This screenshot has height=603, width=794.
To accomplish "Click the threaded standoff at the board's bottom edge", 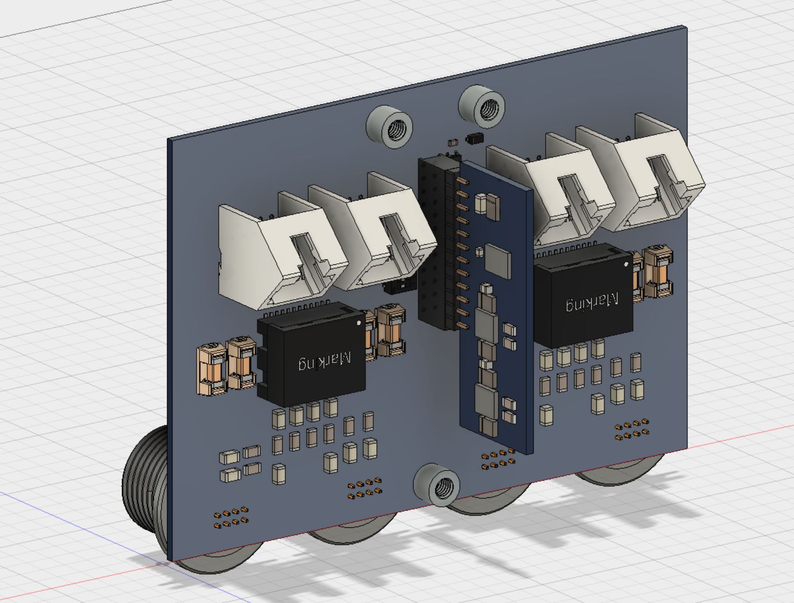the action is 437,485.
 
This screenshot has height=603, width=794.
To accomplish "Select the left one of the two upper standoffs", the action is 389,126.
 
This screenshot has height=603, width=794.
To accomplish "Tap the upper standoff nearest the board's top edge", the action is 482,107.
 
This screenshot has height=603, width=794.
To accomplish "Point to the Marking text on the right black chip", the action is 592,302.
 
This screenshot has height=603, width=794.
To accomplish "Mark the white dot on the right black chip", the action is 626,264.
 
